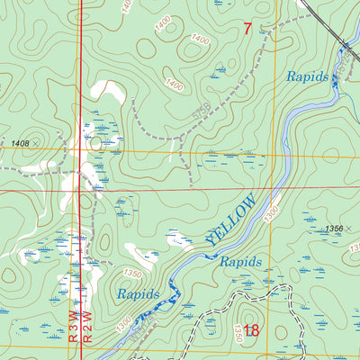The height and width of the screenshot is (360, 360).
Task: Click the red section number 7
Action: point(247,29)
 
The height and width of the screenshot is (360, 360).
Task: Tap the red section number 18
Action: point(251,331)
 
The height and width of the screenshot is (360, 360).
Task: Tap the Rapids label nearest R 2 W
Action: point(138,294)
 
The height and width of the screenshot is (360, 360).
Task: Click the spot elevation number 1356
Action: point(334,229)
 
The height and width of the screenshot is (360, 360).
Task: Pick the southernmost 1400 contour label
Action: point(174,86)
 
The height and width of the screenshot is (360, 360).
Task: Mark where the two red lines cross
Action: point(80,191)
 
